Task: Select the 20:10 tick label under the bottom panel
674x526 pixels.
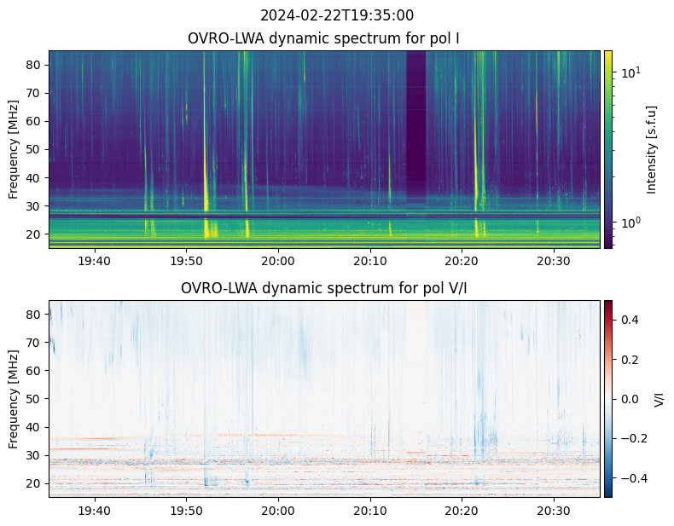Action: (369, 510)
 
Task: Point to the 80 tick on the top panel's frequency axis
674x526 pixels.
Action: (34, 64)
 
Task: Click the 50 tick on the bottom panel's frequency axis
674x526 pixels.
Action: (34, 399)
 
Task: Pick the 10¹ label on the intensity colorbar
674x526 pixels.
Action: (630, 72)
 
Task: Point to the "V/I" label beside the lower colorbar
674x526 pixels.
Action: (659, 398)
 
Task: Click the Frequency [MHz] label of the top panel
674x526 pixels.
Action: (14, 149)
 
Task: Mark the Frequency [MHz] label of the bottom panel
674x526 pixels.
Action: (14, 398)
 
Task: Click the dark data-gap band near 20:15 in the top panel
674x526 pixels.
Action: (415, 128)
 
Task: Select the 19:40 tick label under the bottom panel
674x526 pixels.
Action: (94, 510)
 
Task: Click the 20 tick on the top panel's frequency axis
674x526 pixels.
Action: (34, 234)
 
